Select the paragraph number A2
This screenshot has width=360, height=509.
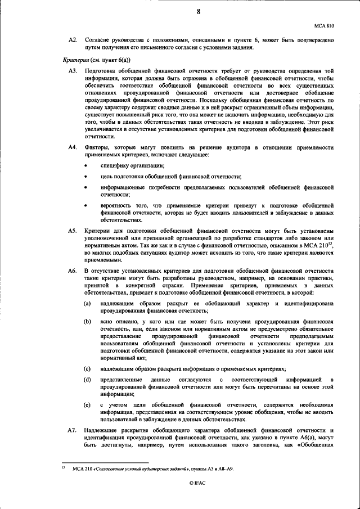pyautogui.click(x=71, y=40)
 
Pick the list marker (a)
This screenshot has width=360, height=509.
pyautogui.click(x=87, y=304)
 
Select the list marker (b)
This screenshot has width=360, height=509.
pyautogui.click(x=87, y=322)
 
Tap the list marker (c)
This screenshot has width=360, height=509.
pyautogui.click(x=87, y=369)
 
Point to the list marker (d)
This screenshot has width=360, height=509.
pyautogui.click(x=87, y=380)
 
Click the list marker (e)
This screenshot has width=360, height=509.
pyautogui.click(x=87, y=406)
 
